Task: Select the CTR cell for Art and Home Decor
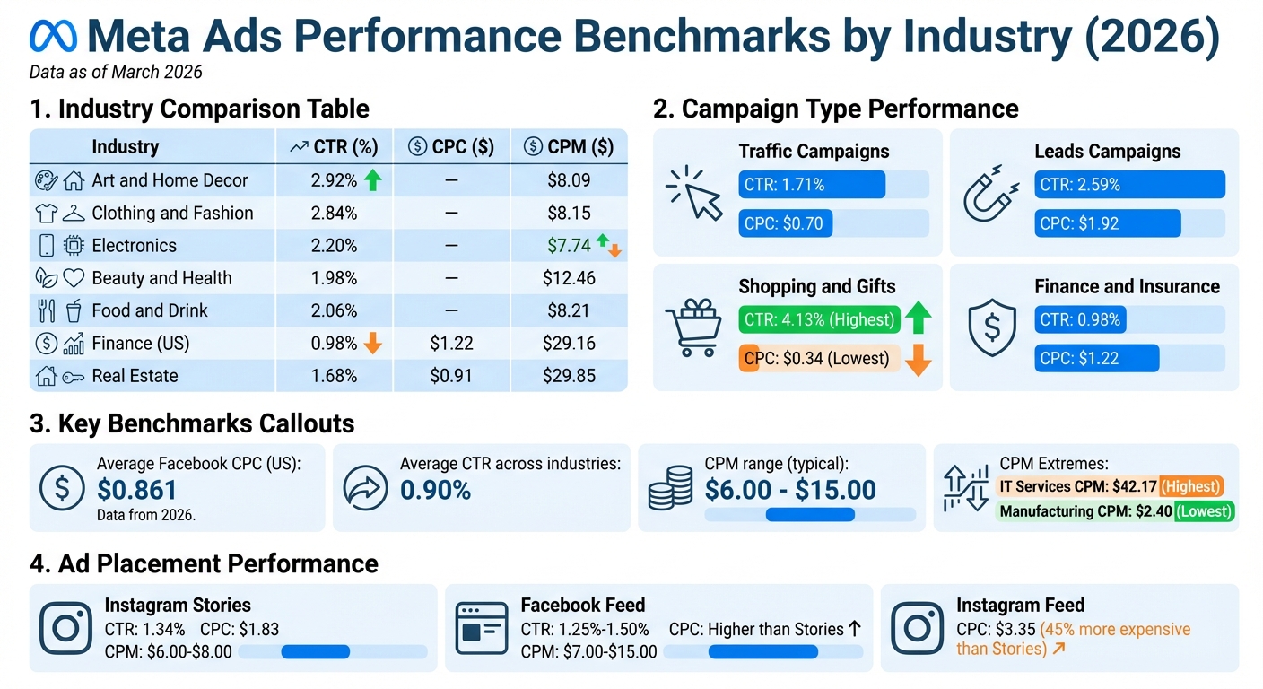click(x=334, y=180)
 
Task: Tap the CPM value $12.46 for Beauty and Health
click(x=569, y=278)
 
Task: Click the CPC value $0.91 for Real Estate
click(x=451, y=376)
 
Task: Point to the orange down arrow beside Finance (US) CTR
click(x=373, y=343)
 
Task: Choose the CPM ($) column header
click(x=569, y=147)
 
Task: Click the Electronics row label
click(x=134, y=246)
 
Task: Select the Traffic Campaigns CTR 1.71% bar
click(x=811, y=185)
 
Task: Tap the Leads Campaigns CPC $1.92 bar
click(x=1107, y=223)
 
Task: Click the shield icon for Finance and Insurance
click(x=991, y=327)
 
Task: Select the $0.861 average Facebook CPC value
click(x=137, y=490)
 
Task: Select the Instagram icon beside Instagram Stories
click(x=66, y=628)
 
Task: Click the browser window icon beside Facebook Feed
click(x=482, y=628)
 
